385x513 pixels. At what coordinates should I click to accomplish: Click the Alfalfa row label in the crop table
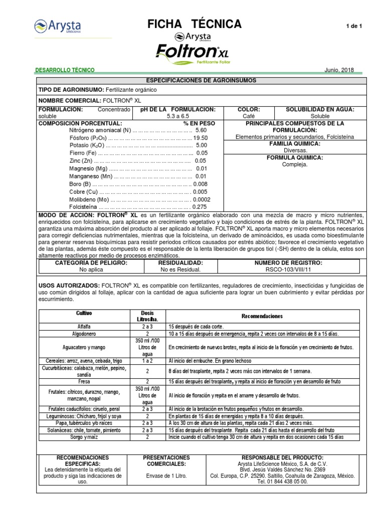(x=84, y=326)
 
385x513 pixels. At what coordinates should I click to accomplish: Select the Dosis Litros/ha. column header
(x=147, y=316)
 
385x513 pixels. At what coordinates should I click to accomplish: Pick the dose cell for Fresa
(x=147, y=381)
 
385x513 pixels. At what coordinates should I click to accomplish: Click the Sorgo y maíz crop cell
(x=84, y=437)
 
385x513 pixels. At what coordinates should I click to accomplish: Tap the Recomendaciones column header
(x=262, y=316)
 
